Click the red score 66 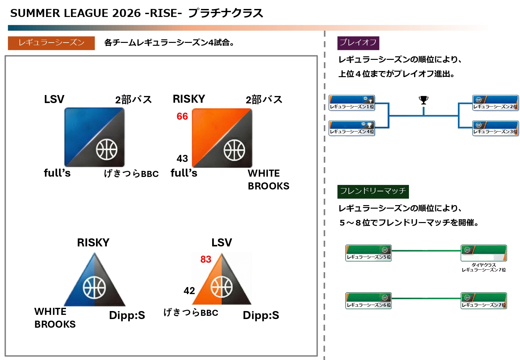click(x=182, y=116)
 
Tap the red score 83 click(x=206, y=259)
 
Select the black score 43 click(x=182, y=158)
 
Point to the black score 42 click(x=189, y=291)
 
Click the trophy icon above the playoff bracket click(x=423, y=100)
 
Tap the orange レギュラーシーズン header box click(x=51, y=43)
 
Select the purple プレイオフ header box click(x=358, y=43)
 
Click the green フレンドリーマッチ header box click(x=373, y=191)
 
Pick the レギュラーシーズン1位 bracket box click(x=352, y=103)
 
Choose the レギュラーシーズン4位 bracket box click(x=352, y=128)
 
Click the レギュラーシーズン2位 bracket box click(x=495, y=103)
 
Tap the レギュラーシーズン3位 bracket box click(x=495, y=128)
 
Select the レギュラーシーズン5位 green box click(x=368, y=253)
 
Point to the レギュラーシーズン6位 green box click(x=368, y=301)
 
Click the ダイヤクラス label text click(x=484, y=265)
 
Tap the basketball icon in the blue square click(x=107, y=149)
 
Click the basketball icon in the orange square click(x=234, y=150)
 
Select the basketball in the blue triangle click(x=94, y=287)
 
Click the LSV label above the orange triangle click(x=221, y=243)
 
